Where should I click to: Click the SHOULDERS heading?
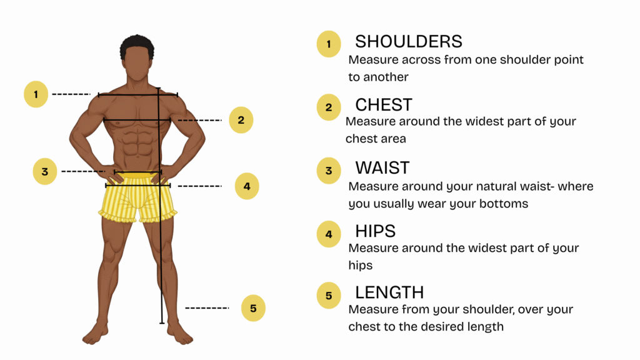[409, 42]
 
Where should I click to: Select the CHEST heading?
[384, 105]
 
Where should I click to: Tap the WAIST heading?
[382, 167]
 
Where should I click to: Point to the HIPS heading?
[375, 231]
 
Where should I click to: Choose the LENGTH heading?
[389, 292]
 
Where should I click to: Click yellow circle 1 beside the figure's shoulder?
[36, 94]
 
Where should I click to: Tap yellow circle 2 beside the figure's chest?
[241, 120]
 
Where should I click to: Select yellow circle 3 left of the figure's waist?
[45, 171]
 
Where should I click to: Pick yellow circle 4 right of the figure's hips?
[247, 186]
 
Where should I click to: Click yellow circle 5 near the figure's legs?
[253, 307]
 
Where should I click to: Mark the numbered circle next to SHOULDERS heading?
[329, 44]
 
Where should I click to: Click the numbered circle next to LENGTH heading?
[329, 296]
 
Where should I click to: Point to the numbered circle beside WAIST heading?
[329, 171]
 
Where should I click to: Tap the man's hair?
[137, 46]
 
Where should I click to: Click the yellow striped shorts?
[138, 197]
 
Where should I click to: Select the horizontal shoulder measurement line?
[138, 95]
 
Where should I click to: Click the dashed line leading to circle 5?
[207, 307]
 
